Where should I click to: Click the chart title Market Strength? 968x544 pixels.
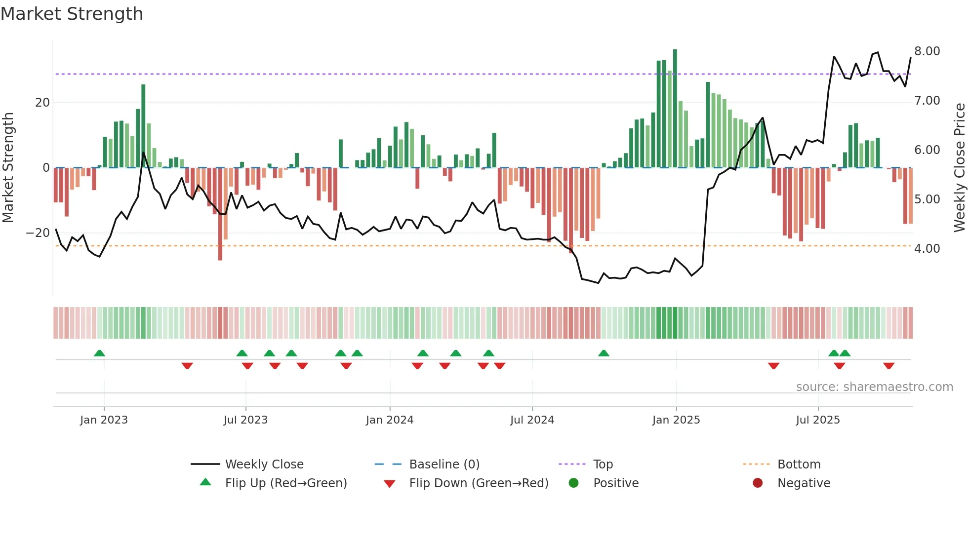(x=72, y=14)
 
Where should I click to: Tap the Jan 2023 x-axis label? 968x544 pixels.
(x=104, y=420)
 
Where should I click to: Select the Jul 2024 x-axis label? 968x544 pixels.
(x=532, y=420)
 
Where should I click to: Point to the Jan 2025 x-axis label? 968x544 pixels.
(x=676, y=420)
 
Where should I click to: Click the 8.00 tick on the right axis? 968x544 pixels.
(x=927, y=51)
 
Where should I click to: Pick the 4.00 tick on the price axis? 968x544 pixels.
(x=927, y=249)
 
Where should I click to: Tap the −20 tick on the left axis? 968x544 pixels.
(x=38, y=233)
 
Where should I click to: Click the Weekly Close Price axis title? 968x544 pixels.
(x=959, y=168)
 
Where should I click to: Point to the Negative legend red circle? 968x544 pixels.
(x=758, y=483)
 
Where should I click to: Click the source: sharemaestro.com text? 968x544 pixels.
(x=874, y=387)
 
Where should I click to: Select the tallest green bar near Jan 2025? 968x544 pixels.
(x=675, y=109)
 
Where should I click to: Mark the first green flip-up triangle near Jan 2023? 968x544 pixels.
(x=99, y=353)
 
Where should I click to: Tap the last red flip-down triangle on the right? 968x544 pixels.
(x=888, y=366)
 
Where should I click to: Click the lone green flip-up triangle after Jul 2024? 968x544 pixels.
(x=604, y=353)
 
